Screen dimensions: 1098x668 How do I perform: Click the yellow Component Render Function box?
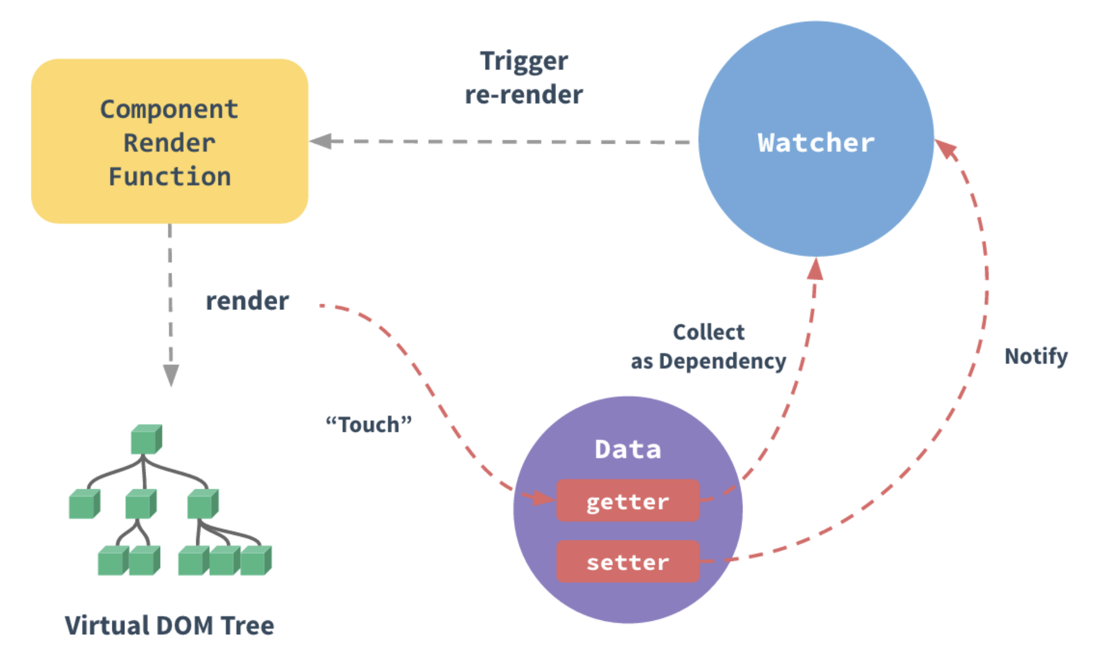[x=170, y=141]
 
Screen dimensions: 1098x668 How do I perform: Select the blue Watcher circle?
[x=816, y=139]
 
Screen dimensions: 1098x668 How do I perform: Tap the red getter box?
[x=628, y=501]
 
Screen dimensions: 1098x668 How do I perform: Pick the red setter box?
[x=628, y=562]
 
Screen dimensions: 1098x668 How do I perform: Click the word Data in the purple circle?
[x=628, y=449]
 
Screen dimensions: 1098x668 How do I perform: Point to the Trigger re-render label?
[x=524, y=78]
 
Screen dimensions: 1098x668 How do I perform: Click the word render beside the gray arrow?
[x=247, y=301]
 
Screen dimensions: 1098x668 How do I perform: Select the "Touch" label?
[x=369, y=424]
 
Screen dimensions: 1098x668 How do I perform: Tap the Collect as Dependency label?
[x=708, y=347]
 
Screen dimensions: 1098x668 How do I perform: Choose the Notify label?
[x=1036, y=356]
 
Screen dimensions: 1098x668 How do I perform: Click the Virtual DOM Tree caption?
[x=170, y=626]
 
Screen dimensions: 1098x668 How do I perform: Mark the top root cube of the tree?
[x=147, y=439]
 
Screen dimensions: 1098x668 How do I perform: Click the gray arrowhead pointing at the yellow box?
[x=321, y=141]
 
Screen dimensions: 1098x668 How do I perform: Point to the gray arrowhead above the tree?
[x=171, y=375]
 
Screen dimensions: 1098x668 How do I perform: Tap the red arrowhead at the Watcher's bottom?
[x=815, y=269]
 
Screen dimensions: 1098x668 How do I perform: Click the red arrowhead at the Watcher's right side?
[x=946, y=149]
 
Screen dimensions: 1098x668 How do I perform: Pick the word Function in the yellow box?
[x=170, y=177]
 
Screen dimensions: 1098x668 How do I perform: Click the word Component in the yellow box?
[x=169, y=110]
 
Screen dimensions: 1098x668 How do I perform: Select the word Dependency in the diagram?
[x=722, y=362]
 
